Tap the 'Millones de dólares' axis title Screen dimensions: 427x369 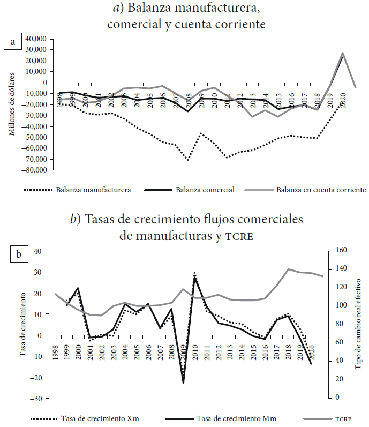(x=12, y=105)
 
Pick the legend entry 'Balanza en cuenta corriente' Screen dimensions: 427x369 (x=321, y=190)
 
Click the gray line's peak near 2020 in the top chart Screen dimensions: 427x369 (x=342, y=53)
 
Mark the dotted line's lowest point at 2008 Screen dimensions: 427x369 (x=188, y=160)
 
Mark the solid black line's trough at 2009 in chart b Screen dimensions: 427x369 (x=183, y=383)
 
